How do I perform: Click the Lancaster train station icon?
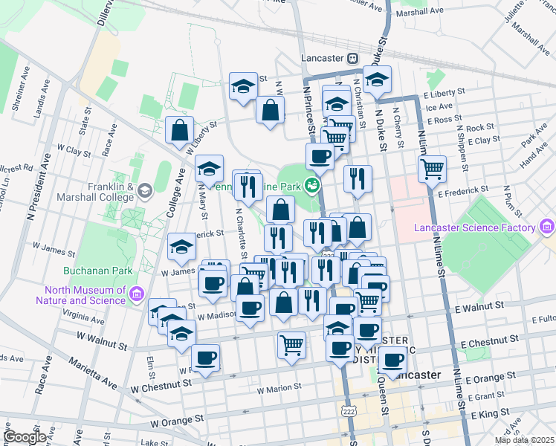352,58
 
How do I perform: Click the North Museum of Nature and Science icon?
136,295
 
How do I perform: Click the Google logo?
25,437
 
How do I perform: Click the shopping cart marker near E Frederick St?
431,169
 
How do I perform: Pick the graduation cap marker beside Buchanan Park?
181,248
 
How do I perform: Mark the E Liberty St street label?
443,96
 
